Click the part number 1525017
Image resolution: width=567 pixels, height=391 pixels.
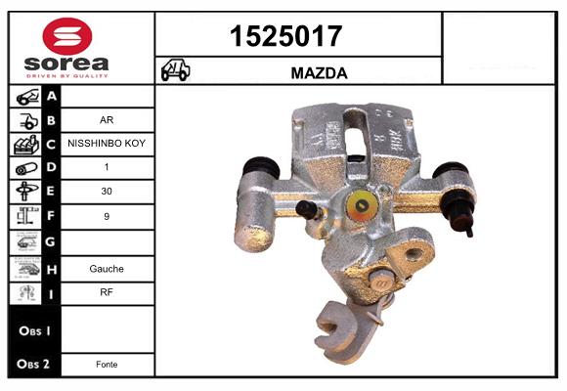click(285, 37)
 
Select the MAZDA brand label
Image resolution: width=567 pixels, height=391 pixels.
click(319, 72)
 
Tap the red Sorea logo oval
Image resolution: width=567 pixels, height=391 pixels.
click(67, 36)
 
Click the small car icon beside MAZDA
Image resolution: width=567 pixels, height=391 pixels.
click(176, 71)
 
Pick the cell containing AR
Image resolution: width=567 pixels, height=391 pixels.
click(108, 120)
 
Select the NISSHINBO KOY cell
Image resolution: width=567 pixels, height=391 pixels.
click(108, 145)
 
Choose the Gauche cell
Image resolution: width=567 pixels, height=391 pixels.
click(108, 267)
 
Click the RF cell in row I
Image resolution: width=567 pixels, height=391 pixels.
click(108, 291)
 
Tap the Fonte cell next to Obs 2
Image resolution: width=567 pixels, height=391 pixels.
click(108, 364)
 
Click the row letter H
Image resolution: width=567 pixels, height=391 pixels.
click(52, 267)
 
